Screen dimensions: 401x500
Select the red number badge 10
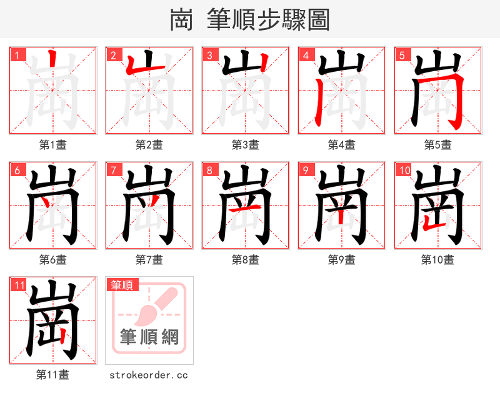[404, 170]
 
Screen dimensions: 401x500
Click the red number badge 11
[19, 285]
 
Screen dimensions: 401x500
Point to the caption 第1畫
[53, 145]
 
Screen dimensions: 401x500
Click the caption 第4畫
[342, 145]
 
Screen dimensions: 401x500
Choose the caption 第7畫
[149, 260]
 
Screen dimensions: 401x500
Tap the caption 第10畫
[437, 260]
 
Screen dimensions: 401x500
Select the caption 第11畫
[53, 375]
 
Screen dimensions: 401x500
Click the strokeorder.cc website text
[149, 375]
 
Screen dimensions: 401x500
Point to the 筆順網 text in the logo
[149, 337]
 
